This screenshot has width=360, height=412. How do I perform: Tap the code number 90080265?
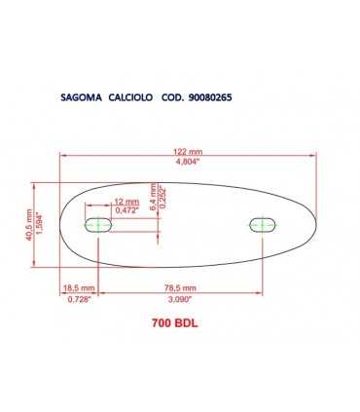pos(210,97)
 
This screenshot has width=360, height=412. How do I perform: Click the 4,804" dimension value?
pos(188,163)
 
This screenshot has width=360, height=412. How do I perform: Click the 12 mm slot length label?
pos(126,200)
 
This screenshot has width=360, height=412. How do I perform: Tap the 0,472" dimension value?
pos(126,209)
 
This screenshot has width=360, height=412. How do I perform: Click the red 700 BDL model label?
pos(174,325)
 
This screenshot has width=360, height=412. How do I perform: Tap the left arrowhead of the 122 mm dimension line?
pos(65,157)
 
